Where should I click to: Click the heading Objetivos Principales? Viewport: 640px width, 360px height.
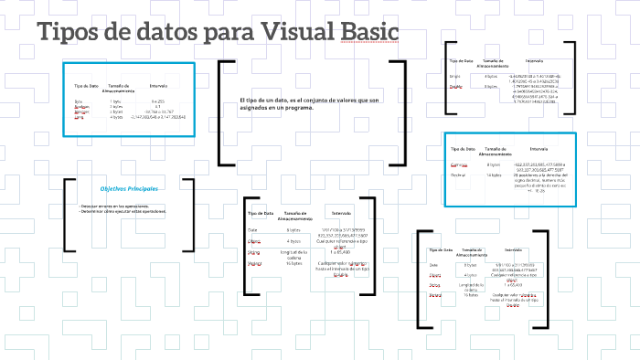(x=129, y=188)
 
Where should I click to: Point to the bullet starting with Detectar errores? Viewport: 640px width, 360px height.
(x=124, y=206)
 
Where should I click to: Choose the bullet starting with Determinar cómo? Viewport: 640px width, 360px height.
(x=124, y=211)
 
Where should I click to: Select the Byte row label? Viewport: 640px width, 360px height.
(x=79, y=101)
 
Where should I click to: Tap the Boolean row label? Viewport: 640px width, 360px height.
(x=81, y=107)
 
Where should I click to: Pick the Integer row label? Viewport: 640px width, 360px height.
(x=80, y=111)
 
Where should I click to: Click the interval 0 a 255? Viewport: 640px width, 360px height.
(x=158, y=101)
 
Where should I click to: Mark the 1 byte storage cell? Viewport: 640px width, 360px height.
(x=116, y=101)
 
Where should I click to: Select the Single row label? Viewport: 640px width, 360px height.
(x=455, y=77)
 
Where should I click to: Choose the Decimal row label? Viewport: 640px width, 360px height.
(x=459, y=175)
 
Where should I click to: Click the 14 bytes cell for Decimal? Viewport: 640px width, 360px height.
(x=494, y=175)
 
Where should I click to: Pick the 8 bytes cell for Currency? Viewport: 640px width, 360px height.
(x=494, y=164)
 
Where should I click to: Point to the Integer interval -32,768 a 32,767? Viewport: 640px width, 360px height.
(x=158, y=111)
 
